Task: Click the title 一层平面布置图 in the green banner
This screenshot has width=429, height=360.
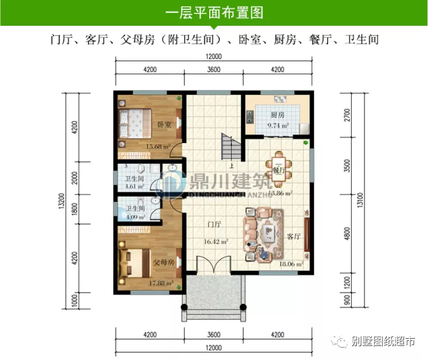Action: [215, 13]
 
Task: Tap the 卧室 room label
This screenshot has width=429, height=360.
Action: [164, 124]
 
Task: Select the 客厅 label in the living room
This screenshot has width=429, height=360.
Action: [294, 237]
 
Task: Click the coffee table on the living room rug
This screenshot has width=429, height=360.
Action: [274, 232]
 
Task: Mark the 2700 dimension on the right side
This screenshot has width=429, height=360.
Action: [347, 115]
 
